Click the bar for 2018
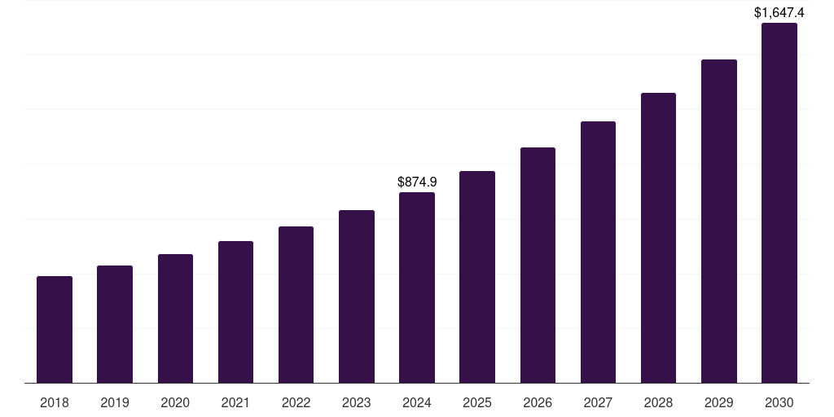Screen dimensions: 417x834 pos(55,330)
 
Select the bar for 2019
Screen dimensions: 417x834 pos(115,324)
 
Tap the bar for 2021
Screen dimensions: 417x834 pos(235,312)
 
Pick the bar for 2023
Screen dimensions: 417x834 pos(357,296)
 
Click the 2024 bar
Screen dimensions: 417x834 pos(417,288)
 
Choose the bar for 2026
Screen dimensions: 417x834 pos(538,265)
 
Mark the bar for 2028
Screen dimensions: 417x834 pos(658,238)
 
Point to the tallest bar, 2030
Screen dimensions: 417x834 pos(779,203)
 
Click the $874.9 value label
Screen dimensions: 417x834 pos(417,182)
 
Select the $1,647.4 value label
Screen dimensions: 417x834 pos(779,12)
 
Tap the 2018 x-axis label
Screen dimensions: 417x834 pos(55,402)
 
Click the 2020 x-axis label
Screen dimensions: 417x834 pos(175,402)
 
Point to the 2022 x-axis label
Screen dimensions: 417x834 pos(296,402)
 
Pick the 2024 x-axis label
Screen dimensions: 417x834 pos(417,402)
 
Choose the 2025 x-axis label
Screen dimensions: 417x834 pos(477,402)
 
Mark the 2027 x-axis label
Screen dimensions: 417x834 pos(598,402)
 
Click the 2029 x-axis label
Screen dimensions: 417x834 pos(719,402)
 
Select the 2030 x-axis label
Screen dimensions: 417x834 pos(779,402)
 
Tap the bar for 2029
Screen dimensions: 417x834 pos(719,221)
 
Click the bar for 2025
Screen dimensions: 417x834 pos(477,277)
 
